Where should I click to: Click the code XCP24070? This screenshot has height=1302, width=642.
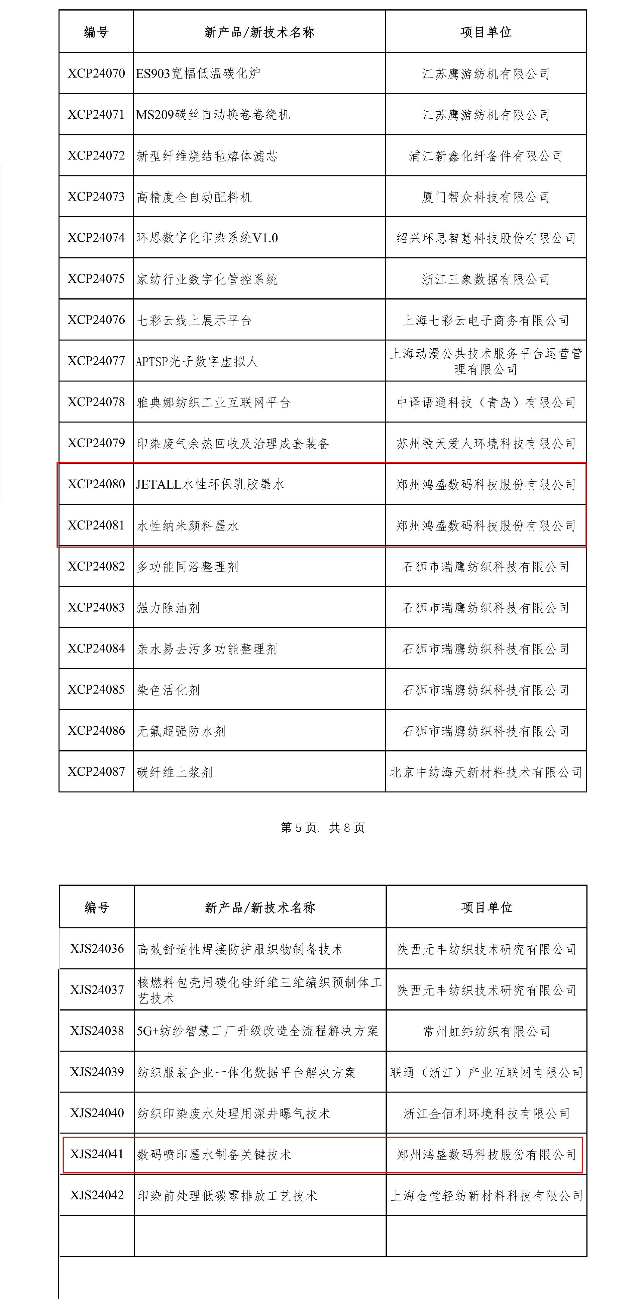pyautogui.click(x=96, y=73)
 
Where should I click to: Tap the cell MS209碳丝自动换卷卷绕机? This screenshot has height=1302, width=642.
pyautogui.click(x=213, y=115)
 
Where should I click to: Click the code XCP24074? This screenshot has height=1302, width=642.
pyautogui.click(x=96, y=238)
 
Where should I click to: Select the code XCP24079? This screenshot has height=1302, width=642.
pyautogui.click(x=96, y=443)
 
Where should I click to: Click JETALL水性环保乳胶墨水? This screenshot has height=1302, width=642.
pyautogui.click(x=210, y=484)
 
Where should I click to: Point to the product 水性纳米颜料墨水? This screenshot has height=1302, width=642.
pyautogui.click(x=188, y=526)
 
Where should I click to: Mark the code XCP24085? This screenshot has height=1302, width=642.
pyautogui.click(x=96, y=689)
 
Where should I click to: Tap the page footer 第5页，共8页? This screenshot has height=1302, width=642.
pyautogui.click(x=323, y=827)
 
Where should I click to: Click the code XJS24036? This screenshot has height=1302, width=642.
pyautogui.click(x=97, y=949)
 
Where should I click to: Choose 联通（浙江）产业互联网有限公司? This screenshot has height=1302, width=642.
pyautogui.click(x=486, y=1072)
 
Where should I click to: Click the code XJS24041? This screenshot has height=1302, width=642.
pyautogui.click(x=97, y=1154)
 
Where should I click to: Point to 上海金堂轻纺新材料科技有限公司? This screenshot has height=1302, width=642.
pyautogui.click(x=486, y=1195)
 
